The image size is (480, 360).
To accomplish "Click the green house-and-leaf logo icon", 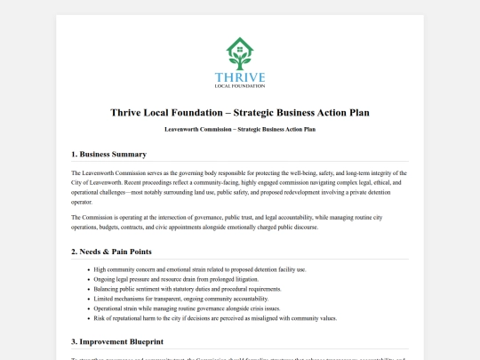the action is point(240,53).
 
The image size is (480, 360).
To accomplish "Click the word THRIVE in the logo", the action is point(240,77).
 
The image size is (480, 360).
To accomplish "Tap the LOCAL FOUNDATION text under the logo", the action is point(240,86).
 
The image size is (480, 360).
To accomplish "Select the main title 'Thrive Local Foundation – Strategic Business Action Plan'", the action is point(240,113).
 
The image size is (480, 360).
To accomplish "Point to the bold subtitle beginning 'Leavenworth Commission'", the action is point(240,129).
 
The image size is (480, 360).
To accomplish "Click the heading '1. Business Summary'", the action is point(108,154).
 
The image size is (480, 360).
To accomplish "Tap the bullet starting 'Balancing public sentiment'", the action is point(187,289).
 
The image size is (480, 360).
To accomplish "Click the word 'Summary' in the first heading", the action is point(128,154).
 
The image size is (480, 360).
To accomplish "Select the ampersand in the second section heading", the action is point(108,252).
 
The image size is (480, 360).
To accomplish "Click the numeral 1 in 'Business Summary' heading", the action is point(74,154).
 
